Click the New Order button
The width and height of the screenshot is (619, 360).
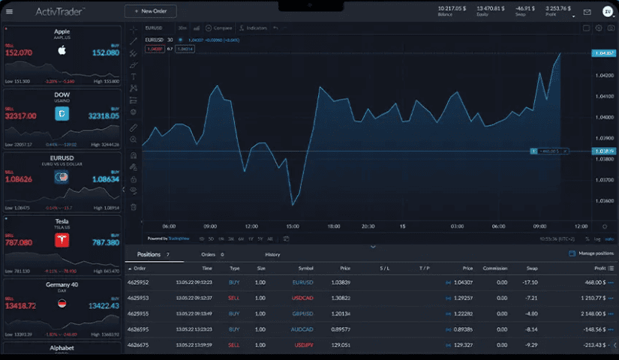151,11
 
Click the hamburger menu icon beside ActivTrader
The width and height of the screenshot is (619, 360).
10,11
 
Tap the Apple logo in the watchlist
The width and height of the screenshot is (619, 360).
62,50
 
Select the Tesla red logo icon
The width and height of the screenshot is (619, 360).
62,240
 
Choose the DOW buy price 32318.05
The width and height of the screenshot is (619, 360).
104,116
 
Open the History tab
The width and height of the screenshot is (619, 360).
272,254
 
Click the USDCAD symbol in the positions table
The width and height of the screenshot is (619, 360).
303,298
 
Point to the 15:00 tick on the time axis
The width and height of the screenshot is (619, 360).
293,226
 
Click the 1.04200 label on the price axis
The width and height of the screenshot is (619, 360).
603,76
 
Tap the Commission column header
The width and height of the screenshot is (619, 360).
495,268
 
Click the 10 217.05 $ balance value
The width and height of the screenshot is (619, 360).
452,8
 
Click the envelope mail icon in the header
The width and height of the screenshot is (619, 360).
587,12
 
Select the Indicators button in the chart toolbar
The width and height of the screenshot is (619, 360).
254,28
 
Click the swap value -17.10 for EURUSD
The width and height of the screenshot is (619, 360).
530,282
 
